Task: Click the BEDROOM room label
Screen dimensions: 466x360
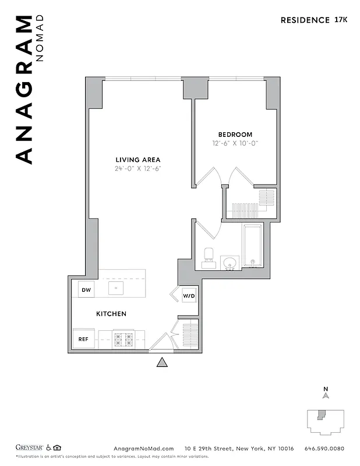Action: pyautogui.click(x=235, y=135)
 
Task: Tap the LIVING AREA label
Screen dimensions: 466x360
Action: pyautogui.click(x=137, y=160)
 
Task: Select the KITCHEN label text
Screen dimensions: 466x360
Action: pyautogui.click(x=111, y=314)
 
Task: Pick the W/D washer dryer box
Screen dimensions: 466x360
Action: pyautogui.click(x=189, y=295)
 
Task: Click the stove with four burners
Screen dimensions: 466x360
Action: pyautogui.click(x=123, y=338)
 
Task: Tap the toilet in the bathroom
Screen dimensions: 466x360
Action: pyautogui.click(x=209, y=257)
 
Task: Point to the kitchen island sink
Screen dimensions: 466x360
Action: pyautogui.click(x=116, y=288)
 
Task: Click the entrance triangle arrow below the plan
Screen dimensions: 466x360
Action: pyautogui.click(x=163, y=362)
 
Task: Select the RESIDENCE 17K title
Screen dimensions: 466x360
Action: pyautogui.click(x=314, y=20)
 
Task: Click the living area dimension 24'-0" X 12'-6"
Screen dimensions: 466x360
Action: pyautogui.click(x=137, y=169)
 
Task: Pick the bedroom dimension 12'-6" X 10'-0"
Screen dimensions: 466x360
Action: pyautogui.click(x=235, y=143)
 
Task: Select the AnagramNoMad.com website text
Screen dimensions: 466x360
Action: pyautogui.click(x=143, y=449)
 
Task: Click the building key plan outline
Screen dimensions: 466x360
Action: pyautogui.click(x=326, y=422)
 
